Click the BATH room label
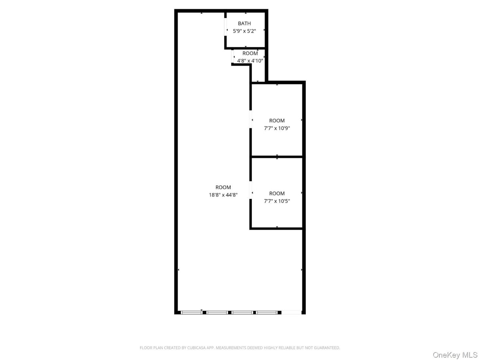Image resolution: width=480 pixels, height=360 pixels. coord(244,24)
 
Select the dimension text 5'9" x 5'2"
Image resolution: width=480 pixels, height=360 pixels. coord(244,31)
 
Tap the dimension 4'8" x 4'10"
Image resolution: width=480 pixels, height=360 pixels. coord(250,61)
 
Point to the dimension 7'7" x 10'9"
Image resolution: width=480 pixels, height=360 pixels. coord(277,128)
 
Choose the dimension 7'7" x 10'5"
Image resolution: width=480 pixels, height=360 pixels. coord(277,201)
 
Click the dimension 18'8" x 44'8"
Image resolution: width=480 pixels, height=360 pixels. coord(223,195)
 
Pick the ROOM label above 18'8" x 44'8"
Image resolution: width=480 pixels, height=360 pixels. coord(223,187)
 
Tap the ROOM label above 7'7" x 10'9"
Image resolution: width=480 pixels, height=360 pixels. coord(277,120)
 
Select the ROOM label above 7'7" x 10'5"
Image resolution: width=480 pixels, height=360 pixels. coord(277,193)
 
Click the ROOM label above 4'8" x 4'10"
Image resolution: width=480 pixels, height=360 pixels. coord(250,53)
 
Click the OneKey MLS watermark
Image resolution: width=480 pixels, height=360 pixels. coord(455,355)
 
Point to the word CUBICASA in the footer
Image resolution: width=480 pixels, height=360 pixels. coord(196,348)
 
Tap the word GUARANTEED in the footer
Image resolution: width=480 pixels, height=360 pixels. coord(327,348)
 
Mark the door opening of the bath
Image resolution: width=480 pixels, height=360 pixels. coord(225,27)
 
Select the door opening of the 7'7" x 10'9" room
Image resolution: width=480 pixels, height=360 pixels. coord(251,119)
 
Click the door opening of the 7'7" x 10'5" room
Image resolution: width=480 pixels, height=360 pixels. coord(251,190)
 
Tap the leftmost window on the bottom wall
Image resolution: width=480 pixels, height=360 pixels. coord(192,313)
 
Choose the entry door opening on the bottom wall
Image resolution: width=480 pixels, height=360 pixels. coord(291,313)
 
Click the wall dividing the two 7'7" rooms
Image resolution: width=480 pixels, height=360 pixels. coord(277,157)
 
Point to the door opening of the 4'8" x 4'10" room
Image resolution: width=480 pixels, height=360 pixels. coord(232,56)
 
